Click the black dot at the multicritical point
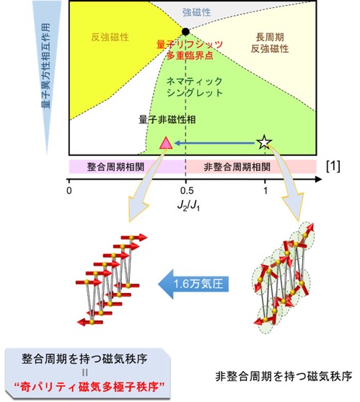pos(185,32)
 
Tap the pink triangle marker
pos(166,143)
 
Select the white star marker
pos(265,142)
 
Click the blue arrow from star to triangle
pos(215,143)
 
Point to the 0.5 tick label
pos(187,191)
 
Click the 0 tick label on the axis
pos(69,191)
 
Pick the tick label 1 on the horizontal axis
pos(265,191)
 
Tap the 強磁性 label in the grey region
pos(196,12)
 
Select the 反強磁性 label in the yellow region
pos(110,38)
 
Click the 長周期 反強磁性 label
pos(270,43)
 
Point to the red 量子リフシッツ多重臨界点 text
pos(190,50)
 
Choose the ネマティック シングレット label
pos(195,87)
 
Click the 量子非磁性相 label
pos(167,120)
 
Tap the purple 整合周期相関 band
pos(127,167)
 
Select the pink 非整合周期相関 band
pos(251,167)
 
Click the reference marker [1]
pos(333,167)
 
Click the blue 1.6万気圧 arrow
pos(193,284)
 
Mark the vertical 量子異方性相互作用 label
pos(46,66)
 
